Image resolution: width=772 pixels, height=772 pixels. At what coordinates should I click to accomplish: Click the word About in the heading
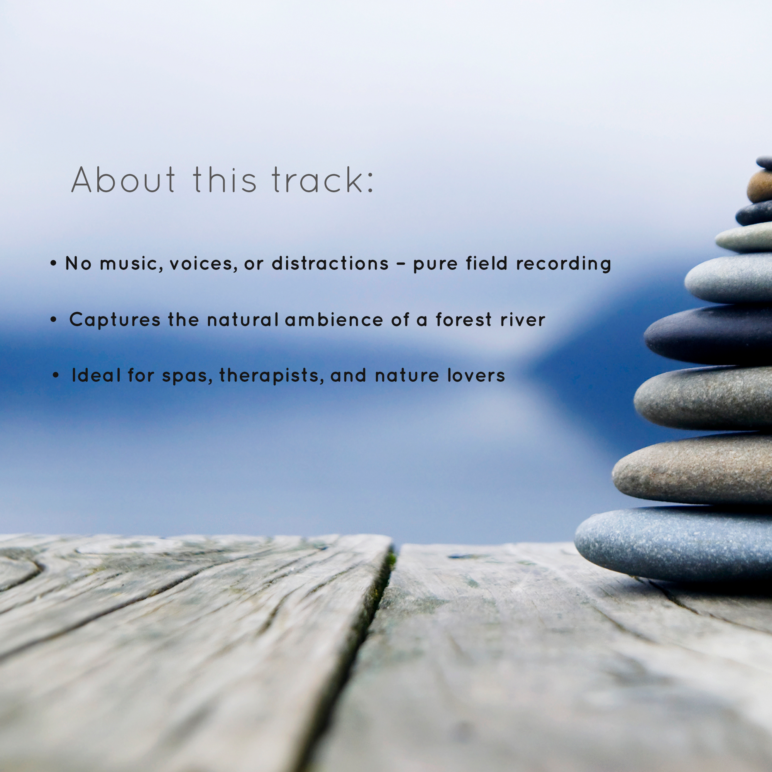[123, 180]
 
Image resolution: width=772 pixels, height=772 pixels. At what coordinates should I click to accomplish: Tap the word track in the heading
[322, 180]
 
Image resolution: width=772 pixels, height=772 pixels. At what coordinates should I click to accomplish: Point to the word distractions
[330, 263]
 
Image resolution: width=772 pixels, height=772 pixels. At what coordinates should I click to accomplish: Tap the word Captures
[115, 320]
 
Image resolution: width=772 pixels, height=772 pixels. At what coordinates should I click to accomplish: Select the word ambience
[334, 320]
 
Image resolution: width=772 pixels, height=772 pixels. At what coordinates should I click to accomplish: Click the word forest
[464, 320]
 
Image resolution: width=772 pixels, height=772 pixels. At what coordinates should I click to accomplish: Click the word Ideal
[96, 376]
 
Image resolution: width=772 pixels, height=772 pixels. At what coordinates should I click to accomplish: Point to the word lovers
[476, 376]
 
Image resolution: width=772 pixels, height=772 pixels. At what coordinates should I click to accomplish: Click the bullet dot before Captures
[54, 320]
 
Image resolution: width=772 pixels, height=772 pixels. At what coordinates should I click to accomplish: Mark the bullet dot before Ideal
[56, 376]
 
